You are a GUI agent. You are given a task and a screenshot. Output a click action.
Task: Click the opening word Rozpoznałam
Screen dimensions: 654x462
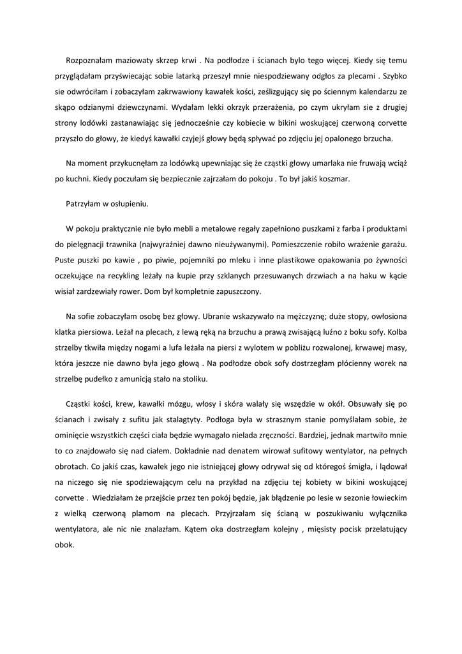[x=89, y=61]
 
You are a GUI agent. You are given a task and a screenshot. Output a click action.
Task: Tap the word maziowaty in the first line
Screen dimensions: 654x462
[x=135, y=61]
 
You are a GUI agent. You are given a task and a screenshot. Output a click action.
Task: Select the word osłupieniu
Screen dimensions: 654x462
[x=129, y=204]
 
